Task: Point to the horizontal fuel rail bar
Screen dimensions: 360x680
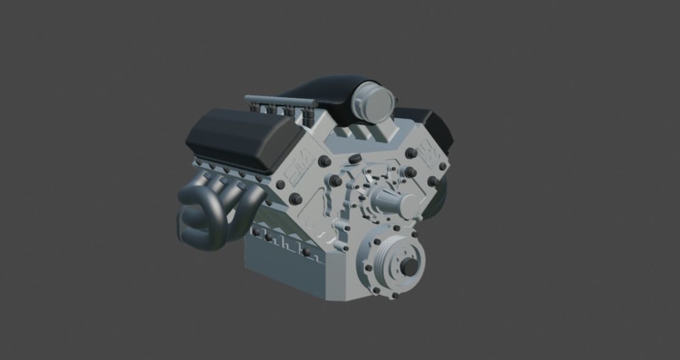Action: [278, 99]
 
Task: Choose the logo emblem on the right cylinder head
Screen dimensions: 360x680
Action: [425, 149]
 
